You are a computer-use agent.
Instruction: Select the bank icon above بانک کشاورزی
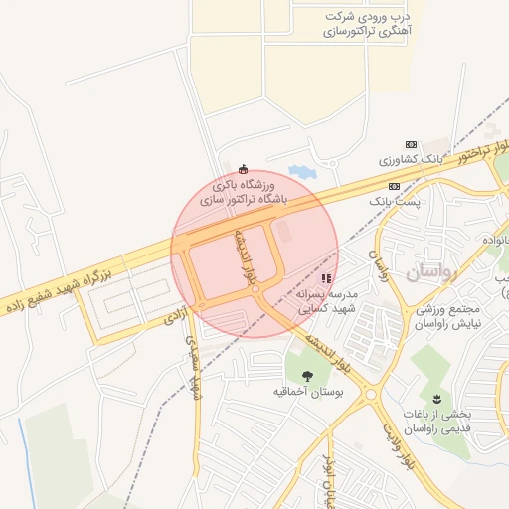click(x=412, y=145)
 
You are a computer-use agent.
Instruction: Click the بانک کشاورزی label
click(x=409, y=160)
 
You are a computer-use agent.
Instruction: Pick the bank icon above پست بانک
click(x=395, y=186)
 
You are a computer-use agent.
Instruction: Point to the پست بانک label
click(x=396, y=201)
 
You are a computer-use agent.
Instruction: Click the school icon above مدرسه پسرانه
click(x=327, y=279)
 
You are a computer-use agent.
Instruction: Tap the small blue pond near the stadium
click(x=300, y=172)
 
